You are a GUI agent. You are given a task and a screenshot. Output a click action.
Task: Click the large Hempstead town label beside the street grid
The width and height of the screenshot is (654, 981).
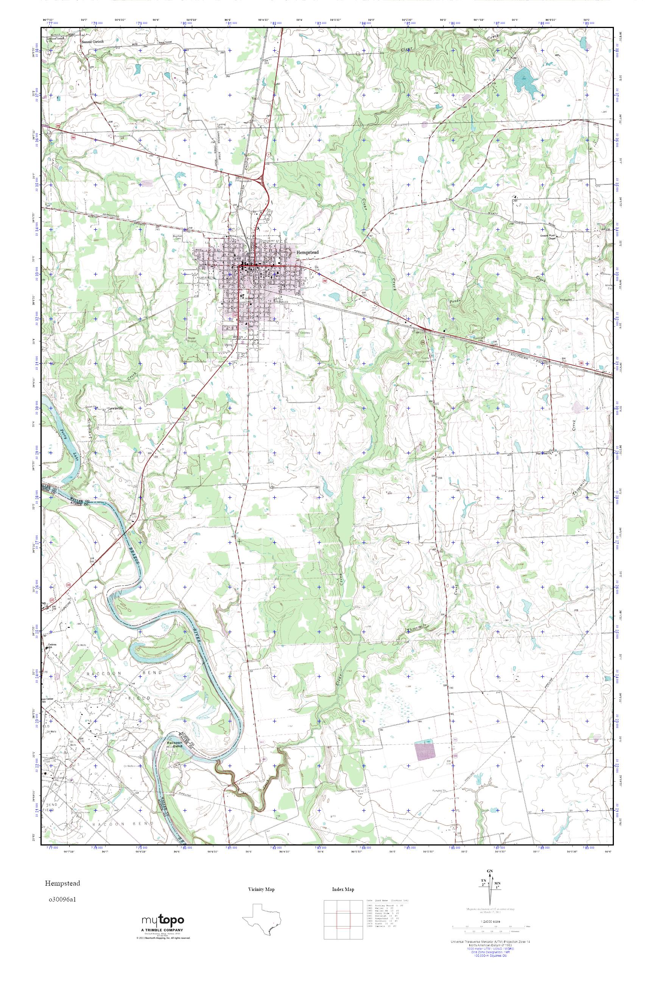(x=307, y=252)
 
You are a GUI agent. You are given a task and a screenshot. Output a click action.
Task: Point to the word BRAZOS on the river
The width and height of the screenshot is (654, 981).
(x=132, y=551)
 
